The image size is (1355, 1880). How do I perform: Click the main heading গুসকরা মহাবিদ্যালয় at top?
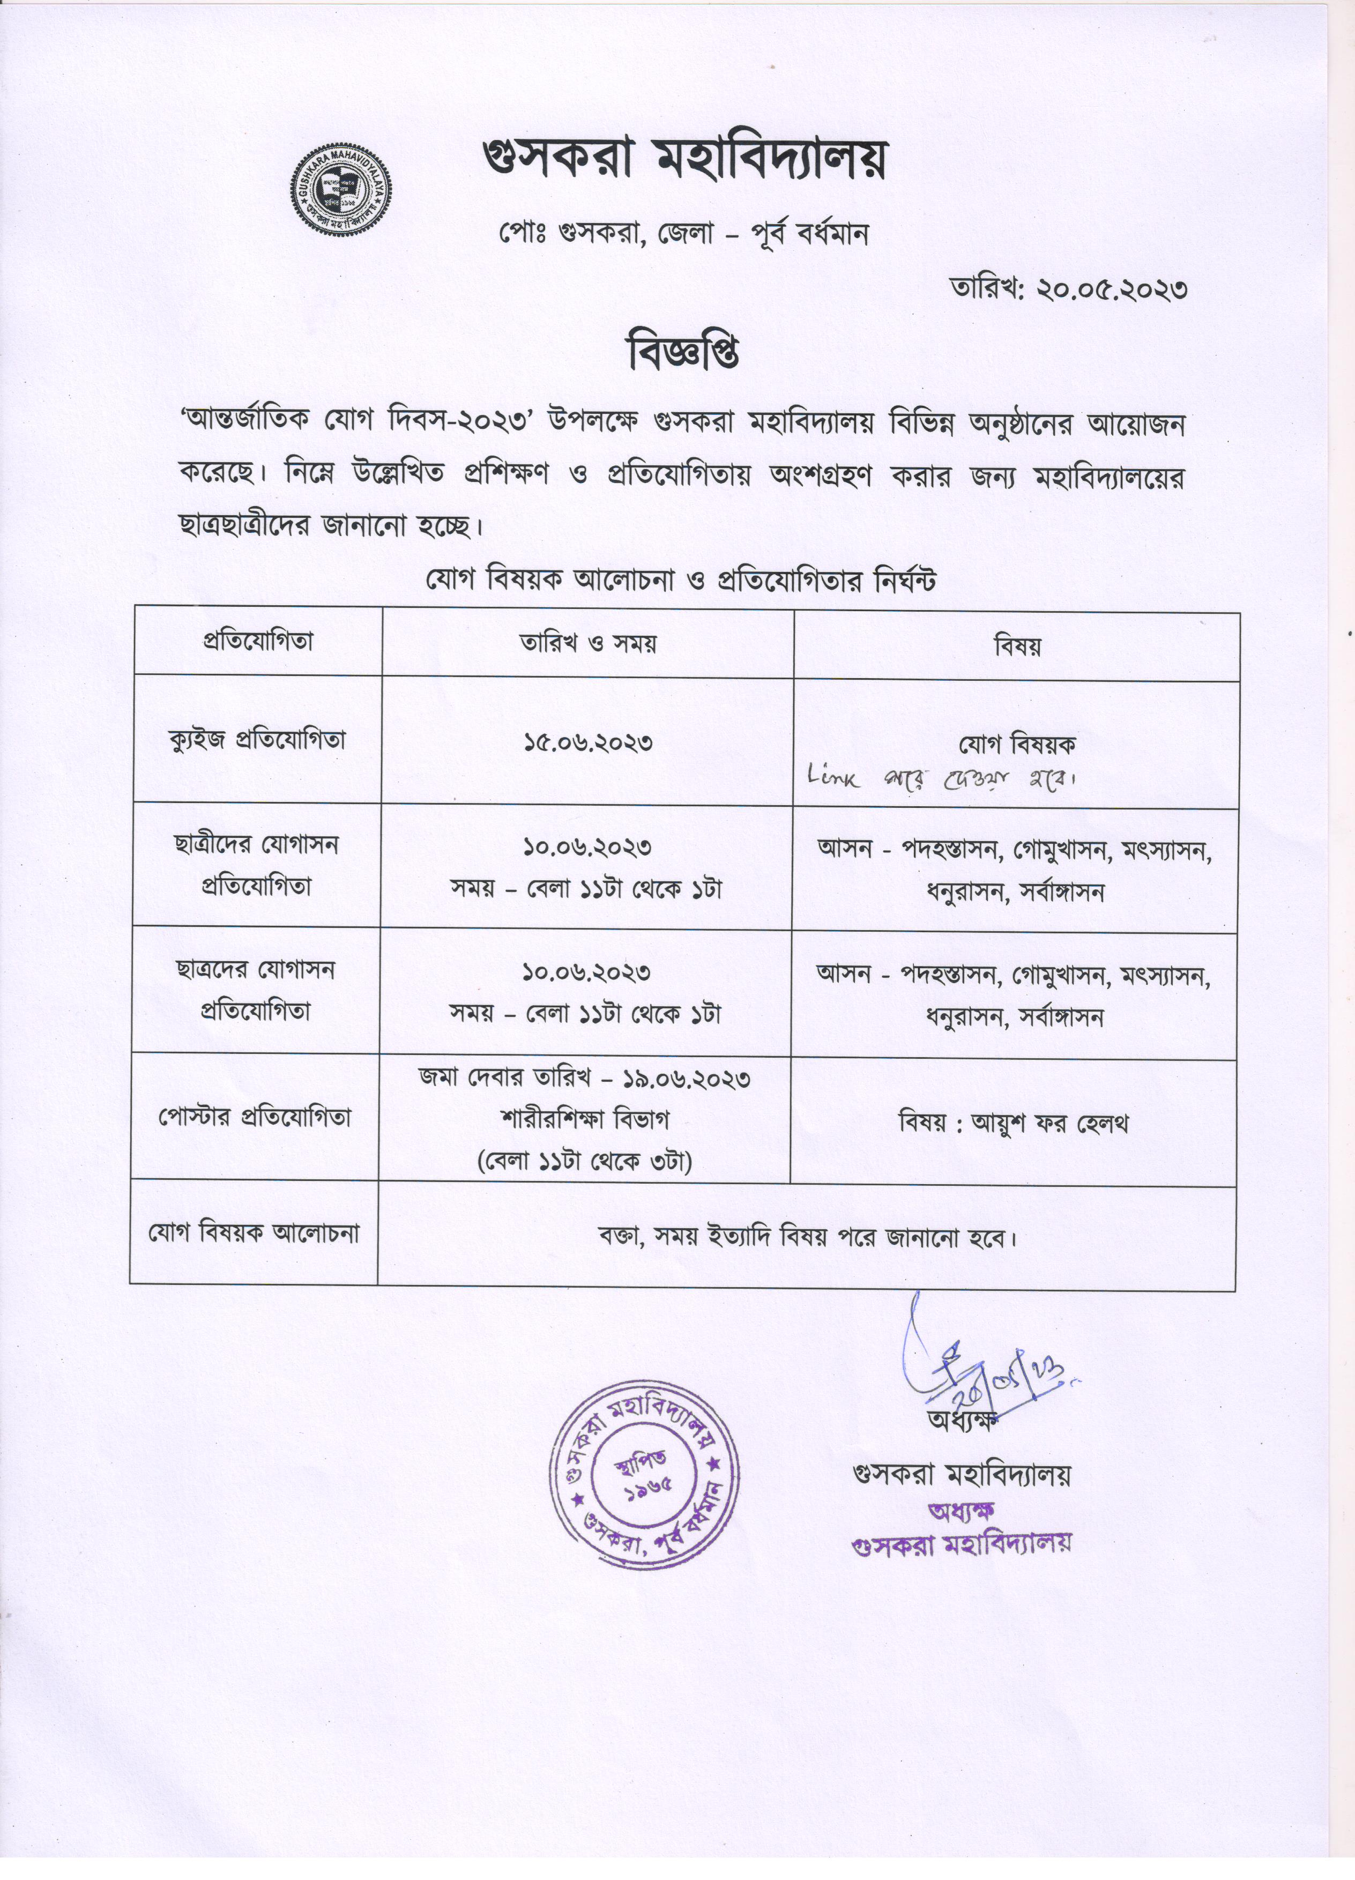[x=684, y=160]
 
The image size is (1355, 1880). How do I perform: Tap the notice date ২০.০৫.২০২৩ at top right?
[x=1113, y=289]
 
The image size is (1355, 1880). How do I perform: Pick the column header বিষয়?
[x=1017, y=647]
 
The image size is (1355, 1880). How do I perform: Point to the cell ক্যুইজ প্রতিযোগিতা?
[x=257, y=739]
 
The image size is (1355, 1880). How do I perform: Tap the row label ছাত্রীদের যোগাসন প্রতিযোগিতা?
[x=257, y=865]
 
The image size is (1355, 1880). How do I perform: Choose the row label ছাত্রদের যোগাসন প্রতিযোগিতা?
[x=256, y=990]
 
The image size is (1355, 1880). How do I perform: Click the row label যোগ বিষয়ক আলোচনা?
[x=254, y=1232]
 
